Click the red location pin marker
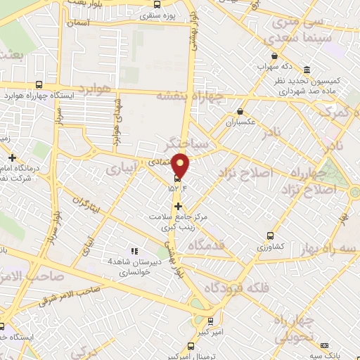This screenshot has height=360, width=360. tap(181, 164)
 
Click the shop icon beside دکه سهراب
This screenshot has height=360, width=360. tap(274, 56)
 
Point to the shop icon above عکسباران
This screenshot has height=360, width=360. tap(240, 110)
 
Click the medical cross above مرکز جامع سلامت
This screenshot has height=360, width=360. tap(179, 206)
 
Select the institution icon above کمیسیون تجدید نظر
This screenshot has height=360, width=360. tap(308, 70)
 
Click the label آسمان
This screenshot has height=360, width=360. tap(81, 23)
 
